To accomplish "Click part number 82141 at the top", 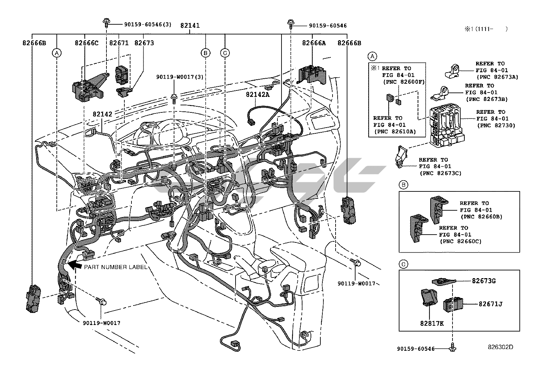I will [190, 25].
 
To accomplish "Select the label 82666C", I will [87, 43].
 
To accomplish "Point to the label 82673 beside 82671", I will [144, 43].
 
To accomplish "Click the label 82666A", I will [314, 43].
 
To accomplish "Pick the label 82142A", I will [258, 95].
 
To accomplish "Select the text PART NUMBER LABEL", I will [116, 267].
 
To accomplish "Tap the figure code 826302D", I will [500, 347].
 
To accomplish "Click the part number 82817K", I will [432, 323].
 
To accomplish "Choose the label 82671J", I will [490, 304].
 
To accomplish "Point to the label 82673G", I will [484, 281].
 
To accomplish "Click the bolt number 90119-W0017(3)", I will [180, 77].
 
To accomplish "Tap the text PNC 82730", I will [495, 125].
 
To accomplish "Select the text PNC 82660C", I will [460, 241].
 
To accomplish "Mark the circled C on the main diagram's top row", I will [225, 53].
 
